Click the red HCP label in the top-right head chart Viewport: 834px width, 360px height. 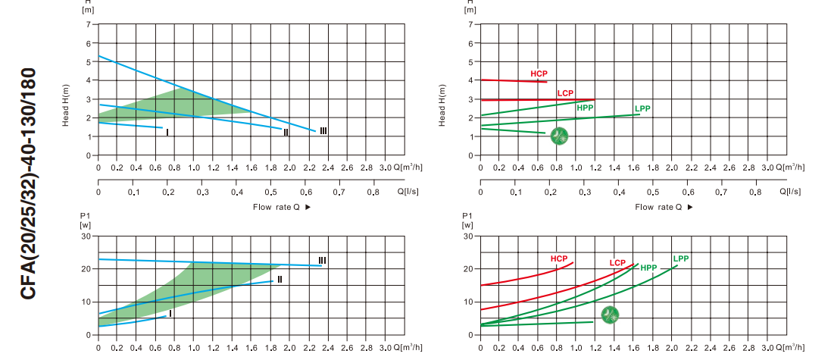539,74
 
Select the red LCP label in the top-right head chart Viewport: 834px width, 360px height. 565,93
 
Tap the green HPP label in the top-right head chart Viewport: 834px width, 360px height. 585,108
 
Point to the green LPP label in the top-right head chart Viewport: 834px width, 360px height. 642,109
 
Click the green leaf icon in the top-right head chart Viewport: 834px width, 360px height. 559,136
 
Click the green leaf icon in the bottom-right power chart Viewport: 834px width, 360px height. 610,315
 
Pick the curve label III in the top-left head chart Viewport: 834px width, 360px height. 323,131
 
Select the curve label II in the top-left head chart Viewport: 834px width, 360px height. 286,133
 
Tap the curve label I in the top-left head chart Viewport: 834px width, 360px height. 167,133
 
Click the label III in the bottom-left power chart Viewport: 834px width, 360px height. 322,260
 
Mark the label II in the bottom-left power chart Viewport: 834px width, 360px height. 280,280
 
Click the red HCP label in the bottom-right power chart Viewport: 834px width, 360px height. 559,258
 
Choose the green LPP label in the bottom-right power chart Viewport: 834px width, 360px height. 681,258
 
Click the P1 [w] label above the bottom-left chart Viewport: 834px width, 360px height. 85,221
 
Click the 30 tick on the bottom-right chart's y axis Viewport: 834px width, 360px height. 468,236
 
